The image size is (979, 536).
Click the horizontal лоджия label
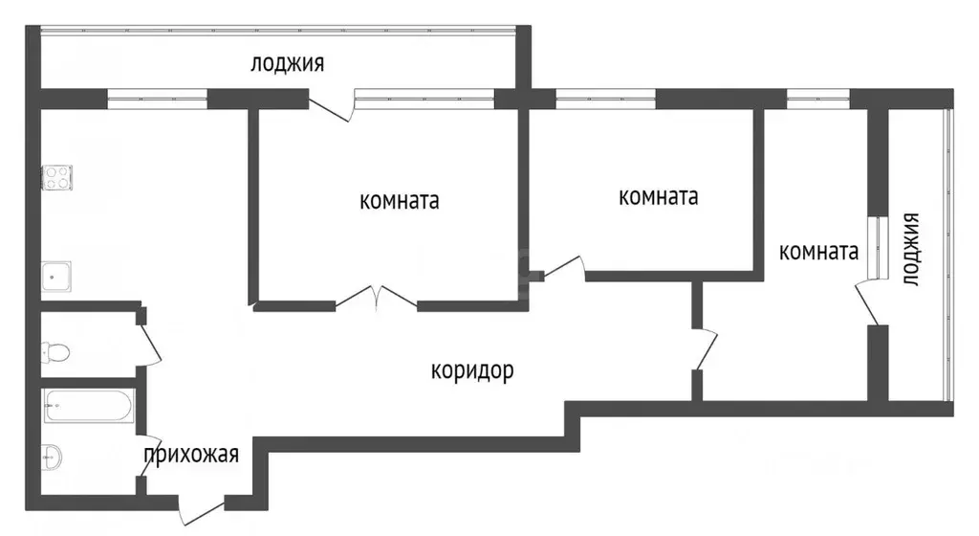point(287,64)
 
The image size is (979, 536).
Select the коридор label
point(471,370)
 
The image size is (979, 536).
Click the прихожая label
point(190,454)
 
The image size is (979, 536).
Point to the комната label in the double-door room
point(399,201)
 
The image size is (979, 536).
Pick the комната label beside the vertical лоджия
point(817,253)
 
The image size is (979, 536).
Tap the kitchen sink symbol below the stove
point(56,276)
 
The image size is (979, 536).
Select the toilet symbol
point(54,352)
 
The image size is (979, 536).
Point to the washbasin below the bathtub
point(52,457)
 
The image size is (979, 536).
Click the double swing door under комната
point(377,298)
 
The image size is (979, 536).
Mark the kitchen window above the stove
point(157,97)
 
